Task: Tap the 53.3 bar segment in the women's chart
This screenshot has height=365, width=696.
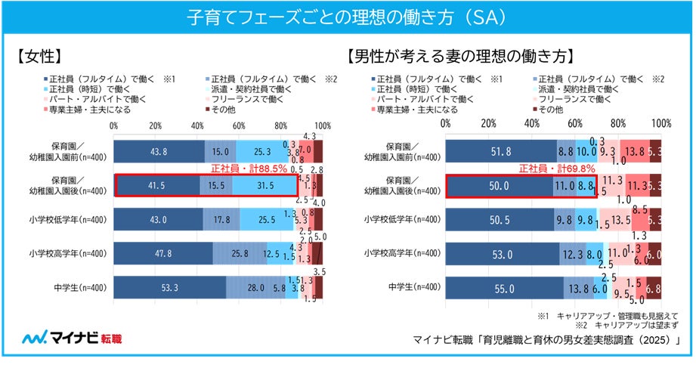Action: coord(170,287)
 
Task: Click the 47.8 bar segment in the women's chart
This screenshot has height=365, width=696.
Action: coord(163,253)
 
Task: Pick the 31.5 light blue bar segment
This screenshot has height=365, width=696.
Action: coord(264,186)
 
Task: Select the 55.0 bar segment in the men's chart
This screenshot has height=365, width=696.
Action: coord(504,287)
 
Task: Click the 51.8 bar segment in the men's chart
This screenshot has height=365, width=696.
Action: coord(501,152)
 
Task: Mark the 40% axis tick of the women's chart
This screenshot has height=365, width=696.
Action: coord(197,124)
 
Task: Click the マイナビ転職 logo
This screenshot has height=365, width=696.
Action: coord(72,338)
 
